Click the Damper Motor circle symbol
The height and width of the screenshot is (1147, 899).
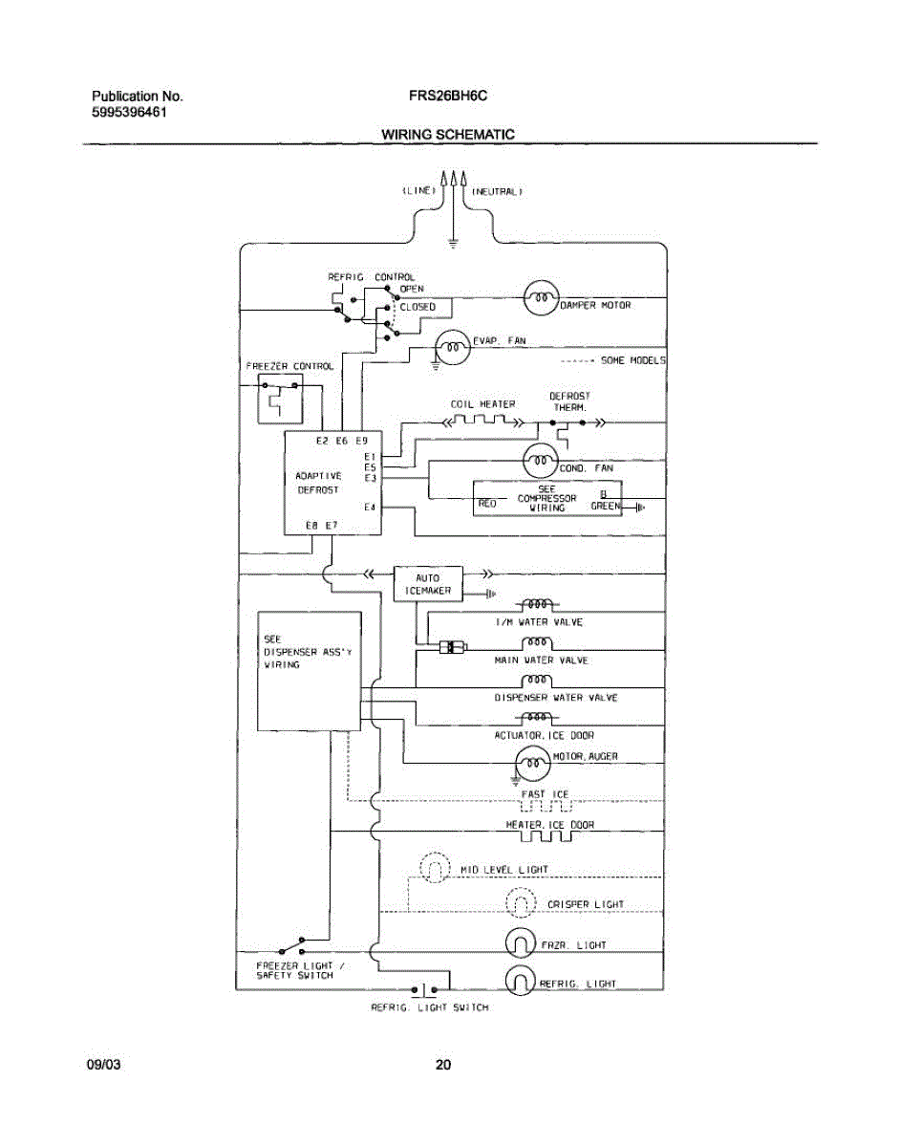point(541,297)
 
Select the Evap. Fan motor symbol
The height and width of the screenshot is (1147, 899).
point(452,347)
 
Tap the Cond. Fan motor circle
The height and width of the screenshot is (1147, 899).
point(540,461)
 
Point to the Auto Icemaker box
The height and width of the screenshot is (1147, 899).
point(428,584)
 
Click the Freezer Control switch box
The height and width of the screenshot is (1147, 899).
point(280,399)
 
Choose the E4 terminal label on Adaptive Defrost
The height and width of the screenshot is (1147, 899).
point(370,508)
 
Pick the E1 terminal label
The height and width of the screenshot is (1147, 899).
point(370,456)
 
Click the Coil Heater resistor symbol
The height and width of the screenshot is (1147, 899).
point(482,422)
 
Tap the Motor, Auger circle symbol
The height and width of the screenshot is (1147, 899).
point(533,764)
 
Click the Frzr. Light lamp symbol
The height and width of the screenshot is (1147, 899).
point(520,942)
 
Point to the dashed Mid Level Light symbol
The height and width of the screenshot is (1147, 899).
point(435,867)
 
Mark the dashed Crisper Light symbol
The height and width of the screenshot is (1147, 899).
point(521,902)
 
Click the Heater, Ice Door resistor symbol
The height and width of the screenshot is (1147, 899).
point(546,836)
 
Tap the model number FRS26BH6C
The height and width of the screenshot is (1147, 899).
point(447,96)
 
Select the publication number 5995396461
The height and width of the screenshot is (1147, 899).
point(129,112)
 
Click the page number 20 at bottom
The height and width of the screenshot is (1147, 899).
point(443,1065)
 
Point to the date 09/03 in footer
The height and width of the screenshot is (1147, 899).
point(103,1065)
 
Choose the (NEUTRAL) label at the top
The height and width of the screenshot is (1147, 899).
point(497,191)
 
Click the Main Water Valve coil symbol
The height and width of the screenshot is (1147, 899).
point(537,643)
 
